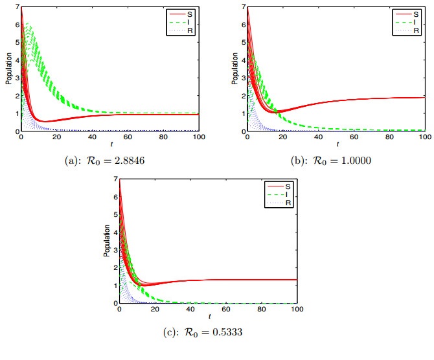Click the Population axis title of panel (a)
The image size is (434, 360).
pyautogui.click(x=8, y=69)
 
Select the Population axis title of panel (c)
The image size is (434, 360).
pyautogui.click(x=106, y=241)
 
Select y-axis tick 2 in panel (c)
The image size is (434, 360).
pyautogui.click(x=113, y=268)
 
